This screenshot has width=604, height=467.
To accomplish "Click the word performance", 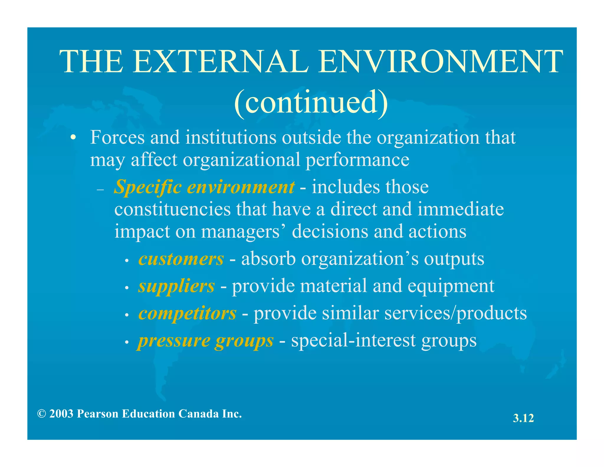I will (357, 160).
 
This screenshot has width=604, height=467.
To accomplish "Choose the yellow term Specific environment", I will (204, 187).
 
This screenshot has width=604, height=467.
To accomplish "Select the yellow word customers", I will (181, 259).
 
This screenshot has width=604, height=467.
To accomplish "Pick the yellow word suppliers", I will (176, 286).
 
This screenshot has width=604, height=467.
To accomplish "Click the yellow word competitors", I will (187, 313).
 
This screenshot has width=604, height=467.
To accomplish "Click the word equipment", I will (448, 286).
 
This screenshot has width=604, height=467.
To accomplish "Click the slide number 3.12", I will (523, 418).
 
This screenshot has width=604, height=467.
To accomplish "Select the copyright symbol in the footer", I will (42, 414).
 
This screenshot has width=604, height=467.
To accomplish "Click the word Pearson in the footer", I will (98, 414).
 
